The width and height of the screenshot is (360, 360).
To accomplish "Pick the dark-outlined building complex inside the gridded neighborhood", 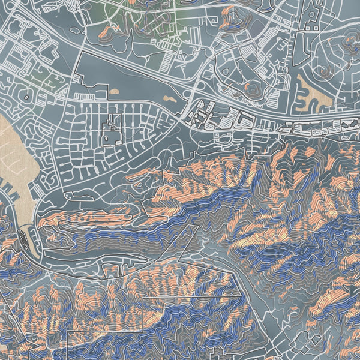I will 110,131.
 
